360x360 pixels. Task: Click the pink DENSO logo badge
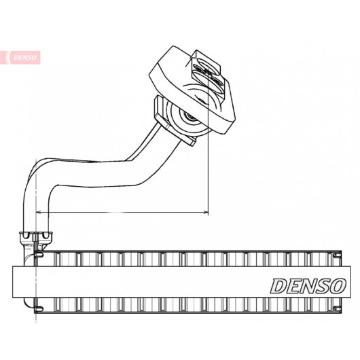tap(20, 58)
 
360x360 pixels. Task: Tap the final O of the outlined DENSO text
tap(338, 285)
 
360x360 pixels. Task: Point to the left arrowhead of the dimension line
tap(38, 212)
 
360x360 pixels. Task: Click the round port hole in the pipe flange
tap(189, 117)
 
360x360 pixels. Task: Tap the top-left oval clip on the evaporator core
tap(39, 255)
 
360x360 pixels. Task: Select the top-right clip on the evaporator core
tap(337, 255)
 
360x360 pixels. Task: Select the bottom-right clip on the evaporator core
tap(337, 308)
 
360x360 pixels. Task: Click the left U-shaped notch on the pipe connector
tap(26, 235)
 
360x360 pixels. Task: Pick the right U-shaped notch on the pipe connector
tap(46, 235)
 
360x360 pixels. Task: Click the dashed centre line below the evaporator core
tap(36, 319)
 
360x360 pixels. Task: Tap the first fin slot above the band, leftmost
tap(58, 259)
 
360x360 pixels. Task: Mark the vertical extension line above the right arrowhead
tap(208, 140)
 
